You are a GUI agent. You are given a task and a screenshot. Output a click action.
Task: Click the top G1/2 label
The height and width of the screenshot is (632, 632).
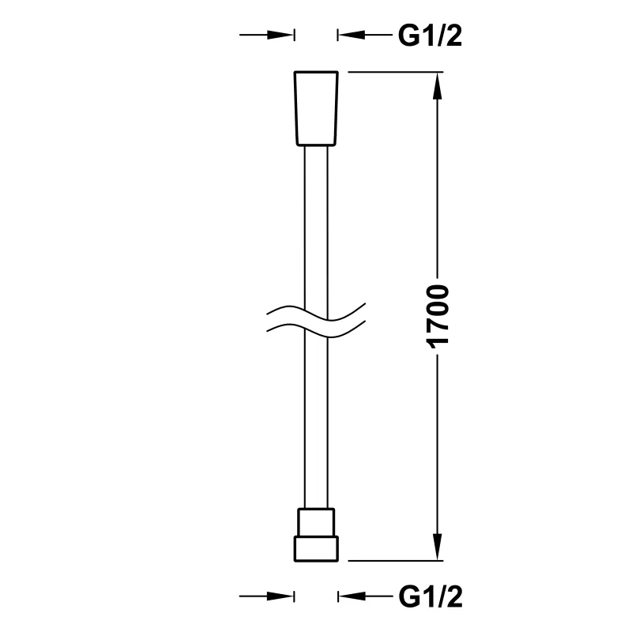point(430,36)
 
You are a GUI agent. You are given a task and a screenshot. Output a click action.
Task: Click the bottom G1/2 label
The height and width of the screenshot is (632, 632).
point(430,596)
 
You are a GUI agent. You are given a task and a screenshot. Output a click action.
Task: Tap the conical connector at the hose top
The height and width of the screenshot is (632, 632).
point(316,108)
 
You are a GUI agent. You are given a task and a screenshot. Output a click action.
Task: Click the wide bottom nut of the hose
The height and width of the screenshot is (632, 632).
point(316,548)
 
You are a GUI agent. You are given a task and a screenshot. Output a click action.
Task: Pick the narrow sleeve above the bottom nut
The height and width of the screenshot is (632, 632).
point(316,522)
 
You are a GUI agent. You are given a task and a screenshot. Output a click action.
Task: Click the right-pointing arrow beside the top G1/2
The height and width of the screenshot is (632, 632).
point(267,35)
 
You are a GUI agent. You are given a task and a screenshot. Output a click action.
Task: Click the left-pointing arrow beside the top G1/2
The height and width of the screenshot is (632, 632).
point(365,35)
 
